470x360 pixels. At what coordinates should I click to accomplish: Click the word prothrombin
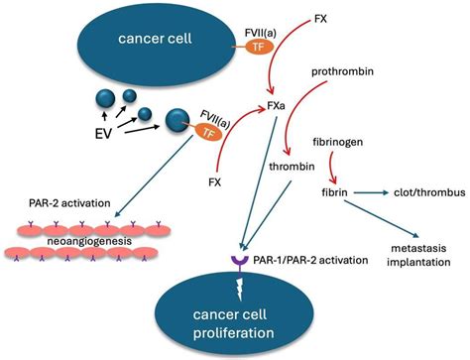click(339, 72)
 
